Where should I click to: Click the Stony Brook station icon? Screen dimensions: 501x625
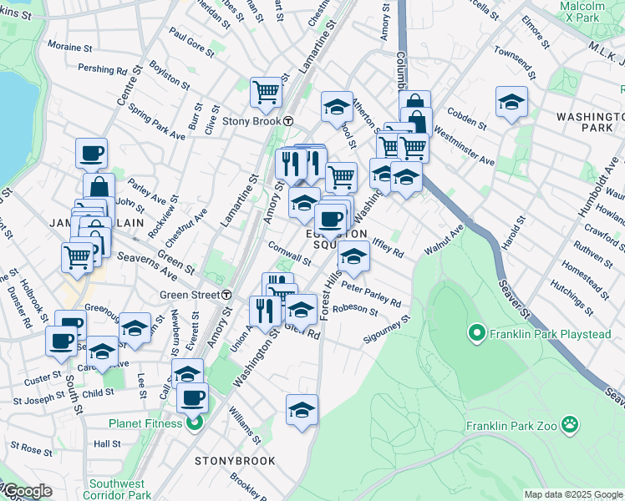pos(287,120)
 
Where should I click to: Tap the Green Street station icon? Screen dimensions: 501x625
pos(227,294)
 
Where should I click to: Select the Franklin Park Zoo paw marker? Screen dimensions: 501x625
pos(570,424)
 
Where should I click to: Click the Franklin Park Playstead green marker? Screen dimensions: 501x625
pos(477,334)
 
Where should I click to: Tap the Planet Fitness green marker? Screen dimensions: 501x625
pos(193,423)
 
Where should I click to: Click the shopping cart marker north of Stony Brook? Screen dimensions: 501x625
pos(266,91)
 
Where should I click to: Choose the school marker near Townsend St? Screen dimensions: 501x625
pos(511,102)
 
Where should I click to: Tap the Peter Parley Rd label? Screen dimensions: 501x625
pos(370,296)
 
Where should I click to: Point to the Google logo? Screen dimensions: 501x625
pos(27,491)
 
